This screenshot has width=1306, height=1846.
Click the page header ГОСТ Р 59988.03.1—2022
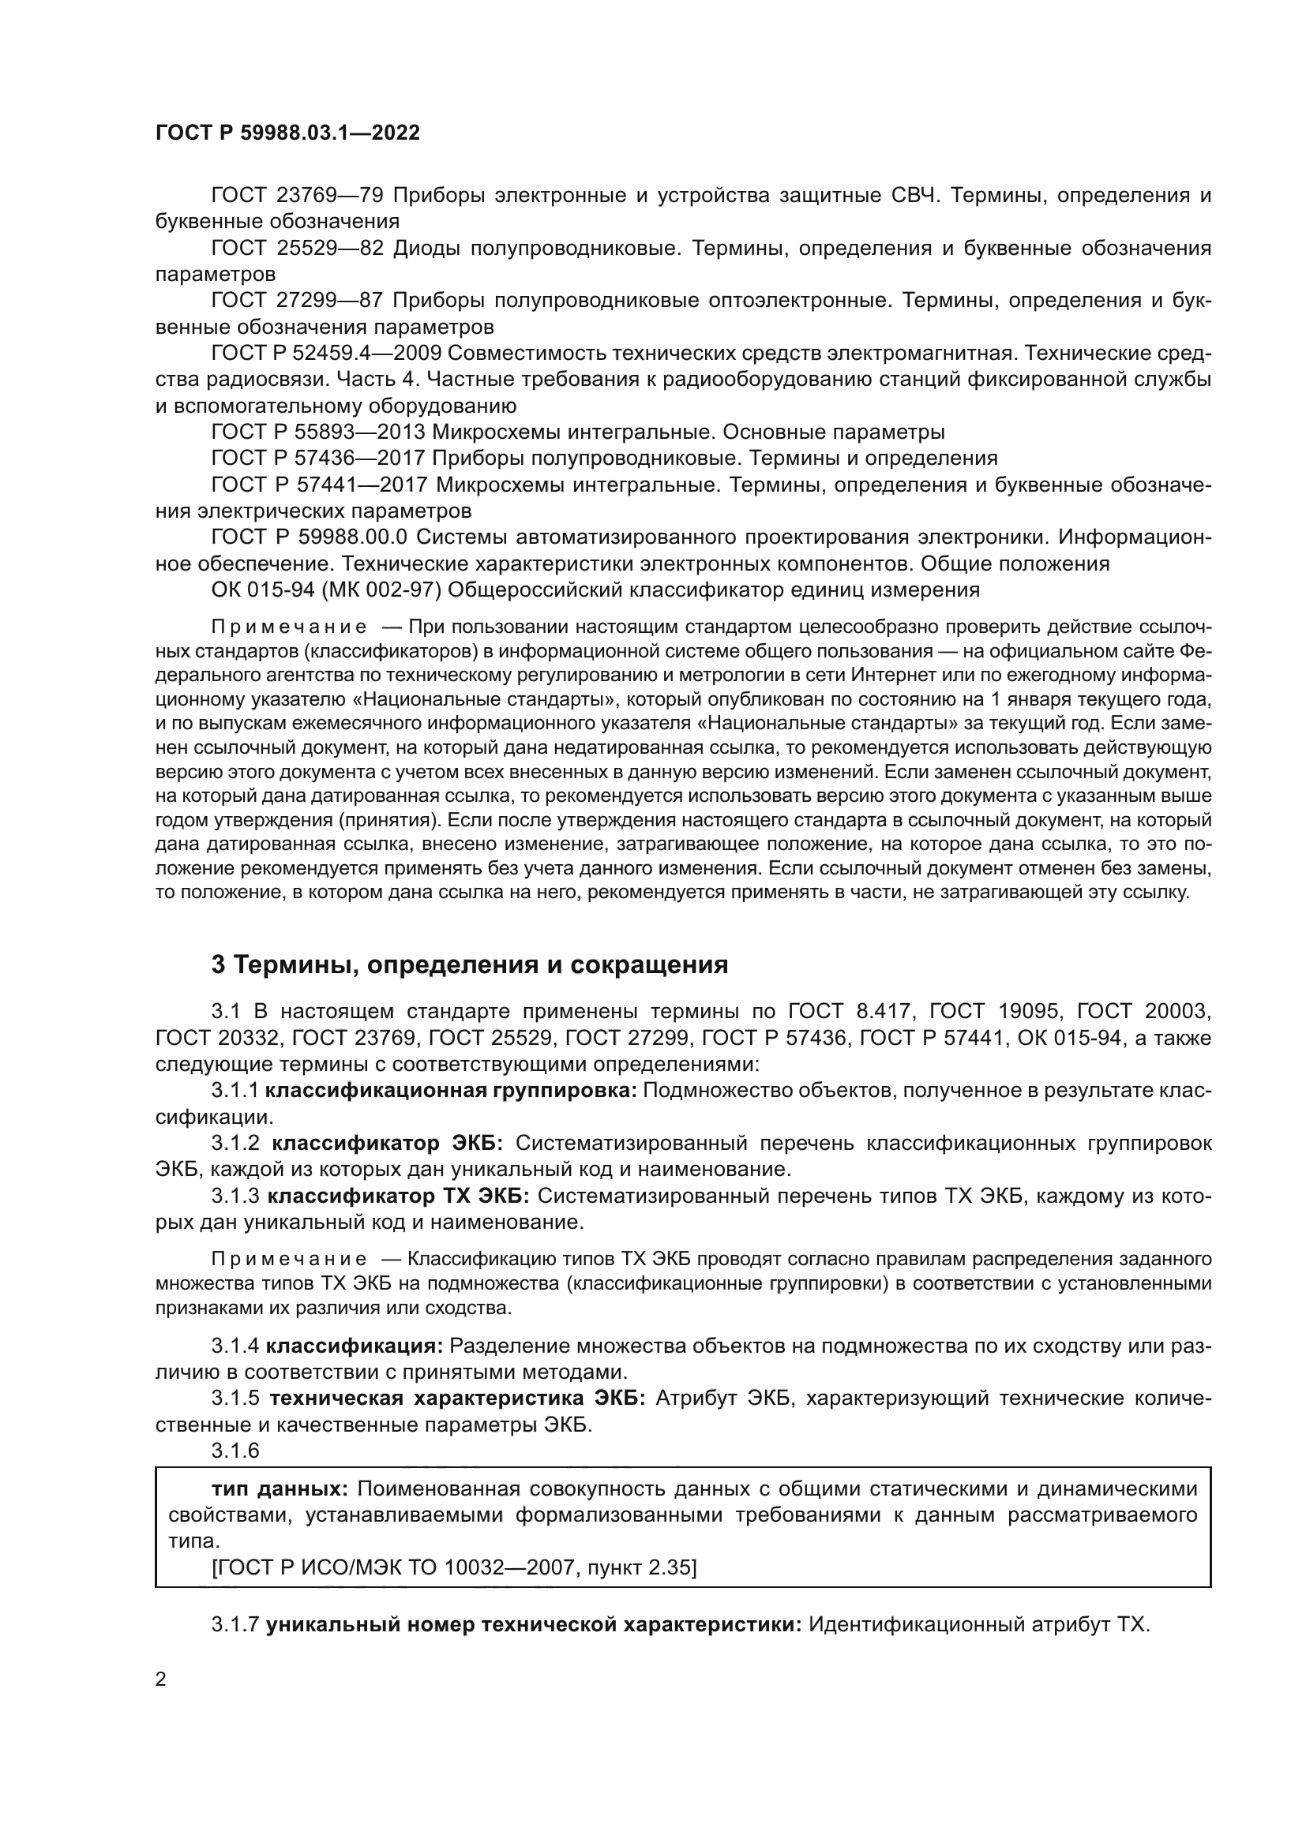coord(287,133)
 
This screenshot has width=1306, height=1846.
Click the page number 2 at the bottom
coord(161,1679)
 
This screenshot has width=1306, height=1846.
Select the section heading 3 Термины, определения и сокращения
coord(470,964)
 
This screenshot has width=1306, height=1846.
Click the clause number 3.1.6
coord(235,1451)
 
